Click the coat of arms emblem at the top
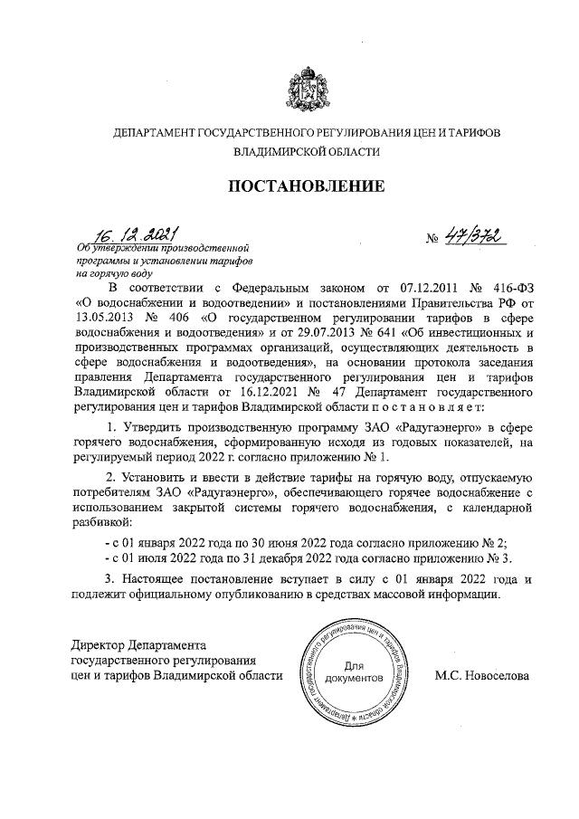pyautogui.click(x=306, y=89)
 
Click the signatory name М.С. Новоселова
pyautogui.click(x=481, y=675)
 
